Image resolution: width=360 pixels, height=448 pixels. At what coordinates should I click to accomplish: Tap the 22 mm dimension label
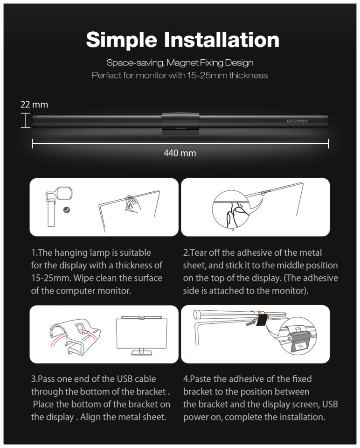(x=34, y=105)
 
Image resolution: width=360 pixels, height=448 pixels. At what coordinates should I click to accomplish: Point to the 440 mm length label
(x=180, y=153)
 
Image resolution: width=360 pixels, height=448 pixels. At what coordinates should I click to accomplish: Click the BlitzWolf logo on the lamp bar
(x=297, y=121)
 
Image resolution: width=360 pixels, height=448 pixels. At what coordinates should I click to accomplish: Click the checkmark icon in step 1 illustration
(x=67, y=210)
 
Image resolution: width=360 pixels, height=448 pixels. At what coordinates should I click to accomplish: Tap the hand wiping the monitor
(x=132, y=204)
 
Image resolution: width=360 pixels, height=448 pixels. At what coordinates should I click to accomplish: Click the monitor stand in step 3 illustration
(x=141, y=352)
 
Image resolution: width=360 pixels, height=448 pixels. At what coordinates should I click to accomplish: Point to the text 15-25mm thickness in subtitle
(x=228, y=76)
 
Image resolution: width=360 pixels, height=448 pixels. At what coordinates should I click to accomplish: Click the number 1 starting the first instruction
(x=34, y=253)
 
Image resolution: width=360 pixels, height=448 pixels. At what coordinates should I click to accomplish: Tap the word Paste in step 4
(x=201, y=379)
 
